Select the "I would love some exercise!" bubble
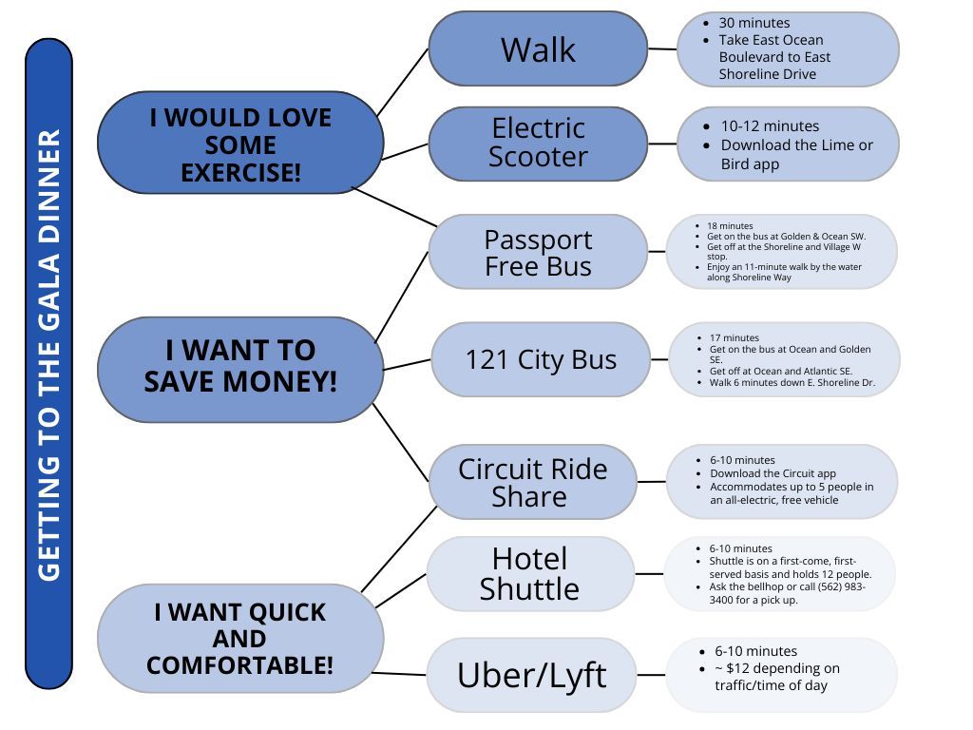tap(240, 144)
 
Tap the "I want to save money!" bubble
tap(240, 367)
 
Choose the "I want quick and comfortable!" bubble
tap(240, 638)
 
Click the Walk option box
tap(538, 49)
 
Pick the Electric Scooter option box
tap(538, 143)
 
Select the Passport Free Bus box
tap(538, 253)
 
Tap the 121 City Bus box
tap(541, 359)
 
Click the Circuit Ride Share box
tap(532, 482)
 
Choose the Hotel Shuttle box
tap(529, 574)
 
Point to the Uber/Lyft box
tap(531, 675)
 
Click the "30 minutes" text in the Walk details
tap(754, 23)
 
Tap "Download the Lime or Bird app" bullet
tap(796, 154)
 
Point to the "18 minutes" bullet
tap(730, 226)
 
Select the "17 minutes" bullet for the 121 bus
tap(735, 337)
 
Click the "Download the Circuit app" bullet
tap(773, 473)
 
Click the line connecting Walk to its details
tap(662, 48)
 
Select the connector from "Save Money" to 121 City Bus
tap(407, 363)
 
